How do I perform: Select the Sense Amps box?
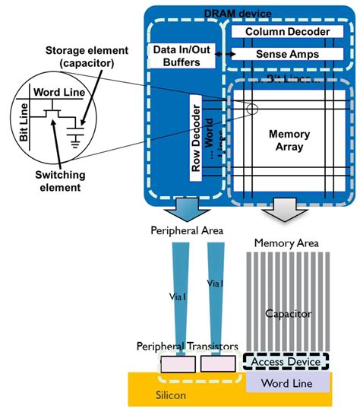[282, 55]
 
